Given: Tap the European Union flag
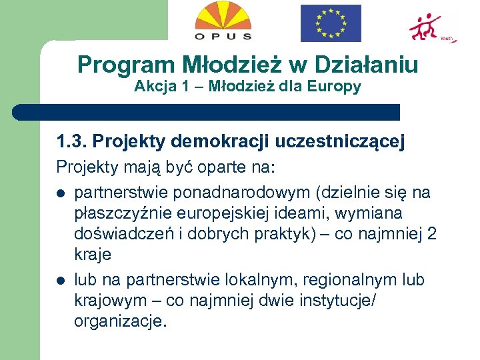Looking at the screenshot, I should [x=331, y=23].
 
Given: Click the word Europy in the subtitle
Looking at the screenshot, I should [x=339, y=86].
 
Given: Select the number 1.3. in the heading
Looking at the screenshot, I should [x=72, y=142].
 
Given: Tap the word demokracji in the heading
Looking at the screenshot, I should [x=212, y=142].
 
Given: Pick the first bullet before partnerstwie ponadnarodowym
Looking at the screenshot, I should [x=60, y=194].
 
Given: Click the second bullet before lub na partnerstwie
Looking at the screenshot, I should [x=60, y=280].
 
